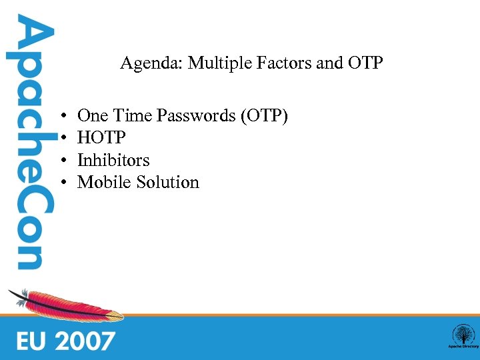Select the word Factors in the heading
point(267,63)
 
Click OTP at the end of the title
point(365,63)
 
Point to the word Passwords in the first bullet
point(198,116)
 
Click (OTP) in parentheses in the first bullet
point(265,116)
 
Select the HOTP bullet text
point(101,138)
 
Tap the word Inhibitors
point(113,160)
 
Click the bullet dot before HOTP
point(61,139)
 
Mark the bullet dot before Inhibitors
point(61,161)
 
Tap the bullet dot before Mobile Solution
point(61,183)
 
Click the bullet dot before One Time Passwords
point(61,117)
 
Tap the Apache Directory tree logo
point(463,336)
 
